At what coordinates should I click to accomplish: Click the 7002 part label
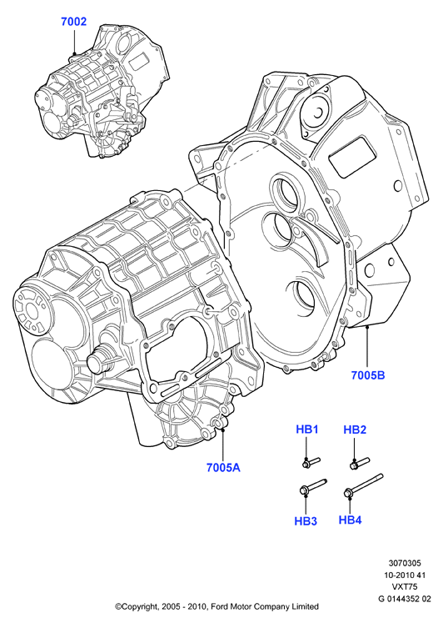73,22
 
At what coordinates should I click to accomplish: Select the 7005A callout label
223,468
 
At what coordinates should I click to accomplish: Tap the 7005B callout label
368,374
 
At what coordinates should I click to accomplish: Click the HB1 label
307,430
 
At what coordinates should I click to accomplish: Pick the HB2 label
355,430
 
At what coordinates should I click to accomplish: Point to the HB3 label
306,521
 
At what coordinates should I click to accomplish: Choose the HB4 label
351,520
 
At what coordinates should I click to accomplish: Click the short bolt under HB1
311,463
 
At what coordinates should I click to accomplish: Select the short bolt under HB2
360,463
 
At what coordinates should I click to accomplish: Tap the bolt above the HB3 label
312,487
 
